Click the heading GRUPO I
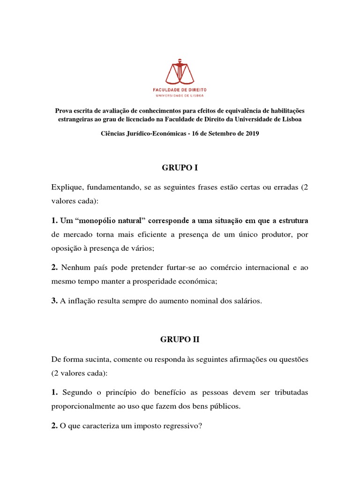180,167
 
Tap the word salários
245,301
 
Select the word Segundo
77,392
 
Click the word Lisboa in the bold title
290,119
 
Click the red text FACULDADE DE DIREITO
180,89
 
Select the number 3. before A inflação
54,301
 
